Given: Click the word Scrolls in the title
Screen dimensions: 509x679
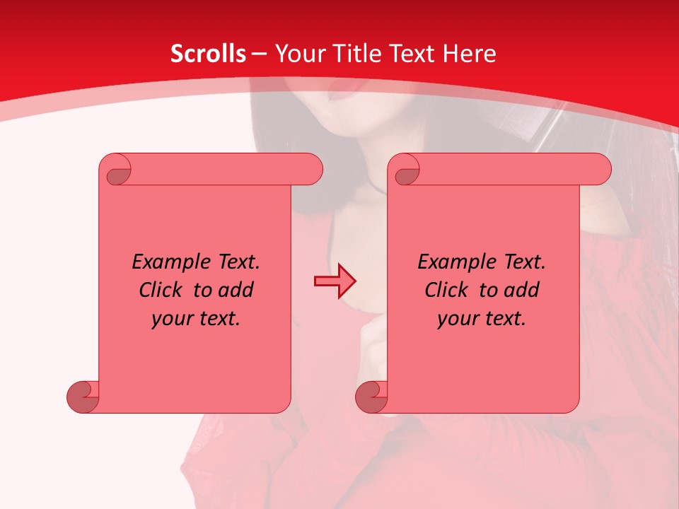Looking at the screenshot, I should [208, 54].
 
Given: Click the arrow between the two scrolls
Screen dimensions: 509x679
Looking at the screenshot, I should [335, 281].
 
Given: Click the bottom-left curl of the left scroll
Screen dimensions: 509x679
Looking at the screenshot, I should [83, 396].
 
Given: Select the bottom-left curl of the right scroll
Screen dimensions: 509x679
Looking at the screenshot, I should [371, 396].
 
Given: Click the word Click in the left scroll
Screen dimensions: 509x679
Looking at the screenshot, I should [162, 290].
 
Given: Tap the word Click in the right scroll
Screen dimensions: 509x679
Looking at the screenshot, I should [447, 290].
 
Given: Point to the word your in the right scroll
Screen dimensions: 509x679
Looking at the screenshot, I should [455, 319].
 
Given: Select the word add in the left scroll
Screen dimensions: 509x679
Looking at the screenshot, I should [237, 290].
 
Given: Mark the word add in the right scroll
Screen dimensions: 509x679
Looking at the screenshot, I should [523, 290].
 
